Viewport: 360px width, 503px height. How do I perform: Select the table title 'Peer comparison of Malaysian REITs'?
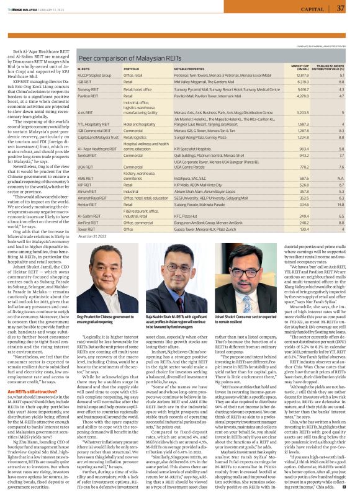[x=122, y=56]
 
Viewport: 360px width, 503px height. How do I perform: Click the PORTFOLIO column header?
[x=130, y=69]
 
